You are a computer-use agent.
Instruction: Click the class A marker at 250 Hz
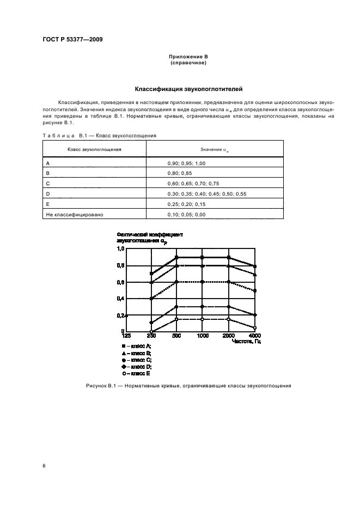[151, 274]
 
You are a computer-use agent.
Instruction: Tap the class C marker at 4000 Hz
[255, 291]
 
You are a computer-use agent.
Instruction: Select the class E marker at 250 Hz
[151, 331]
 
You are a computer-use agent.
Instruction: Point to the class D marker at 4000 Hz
[255, 315]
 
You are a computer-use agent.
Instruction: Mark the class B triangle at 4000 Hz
[255, 274]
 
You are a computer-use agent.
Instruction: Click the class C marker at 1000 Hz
[202, 282]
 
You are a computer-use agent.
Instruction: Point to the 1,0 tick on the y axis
[121, 248]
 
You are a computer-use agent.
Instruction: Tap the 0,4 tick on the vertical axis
[121, 299]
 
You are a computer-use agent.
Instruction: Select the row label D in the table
[48, 194]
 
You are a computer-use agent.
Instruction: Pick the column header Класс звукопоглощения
[94, 149]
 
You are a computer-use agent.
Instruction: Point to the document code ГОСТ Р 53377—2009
[72, 40]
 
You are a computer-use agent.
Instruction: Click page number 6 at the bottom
[44, 466]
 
